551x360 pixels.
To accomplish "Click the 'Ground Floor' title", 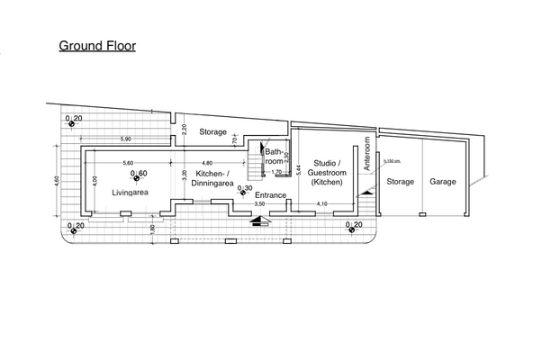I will click(97, 45).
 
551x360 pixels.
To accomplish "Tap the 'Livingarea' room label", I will click(130, 193).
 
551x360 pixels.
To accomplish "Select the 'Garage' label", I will click(442, 182).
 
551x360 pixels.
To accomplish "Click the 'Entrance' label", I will click(271, 195).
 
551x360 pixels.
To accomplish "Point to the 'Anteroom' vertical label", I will click(368, 155).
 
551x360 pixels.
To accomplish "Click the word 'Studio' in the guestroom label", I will click(322, 164).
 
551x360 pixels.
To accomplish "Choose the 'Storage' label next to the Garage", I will click(401, 182).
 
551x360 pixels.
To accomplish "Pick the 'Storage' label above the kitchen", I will click(213, 132).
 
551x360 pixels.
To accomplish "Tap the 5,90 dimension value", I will click(127, 139).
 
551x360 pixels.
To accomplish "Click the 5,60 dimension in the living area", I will click(127, 162).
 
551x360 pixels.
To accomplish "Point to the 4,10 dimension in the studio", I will click(322, 204).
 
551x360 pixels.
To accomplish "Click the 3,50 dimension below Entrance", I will click(260, 204).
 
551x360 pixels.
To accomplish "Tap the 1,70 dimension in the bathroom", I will click(277, 171).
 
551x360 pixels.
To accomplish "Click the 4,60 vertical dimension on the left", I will click(56, 181).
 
